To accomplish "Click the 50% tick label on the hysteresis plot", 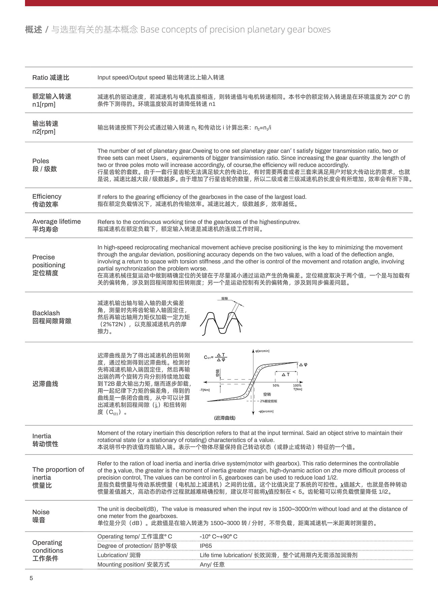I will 276,386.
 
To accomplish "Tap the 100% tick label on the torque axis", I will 297,386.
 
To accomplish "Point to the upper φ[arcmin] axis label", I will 262,351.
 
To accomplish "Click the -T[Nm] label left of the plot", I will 205,390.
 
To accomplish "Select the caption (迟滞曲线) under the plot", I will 224,418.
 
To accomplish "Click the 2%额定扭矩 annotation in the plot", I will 269,401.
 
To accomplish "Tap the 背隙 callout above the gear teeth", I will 224,298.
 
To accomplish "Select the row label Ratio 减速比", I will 51,77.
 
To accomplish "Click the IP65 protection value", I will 206,546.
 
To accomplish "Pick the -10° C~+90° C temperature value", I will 218,536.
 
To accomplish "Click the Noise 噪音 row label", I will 41,516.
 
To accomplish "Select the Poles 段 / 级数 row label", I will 44,165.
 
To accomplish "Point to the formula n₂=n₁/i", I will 263,128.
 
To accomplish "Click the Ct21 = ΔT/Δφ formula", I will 216,357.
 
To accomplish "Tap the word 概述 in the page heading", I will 33,30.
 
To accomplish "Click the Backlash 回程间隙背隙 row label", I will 52,317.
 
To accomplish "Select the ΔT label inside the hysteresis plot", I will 286,374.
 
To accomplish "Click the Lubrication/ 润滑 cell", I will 119,555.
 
